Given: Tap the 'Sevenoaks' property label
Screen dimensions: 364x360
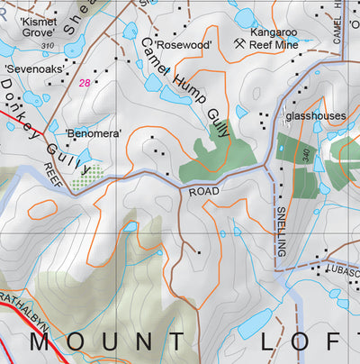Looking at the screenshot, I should (34, 68).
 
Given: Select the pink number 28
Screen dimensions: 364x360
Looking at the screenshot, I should (85, 82).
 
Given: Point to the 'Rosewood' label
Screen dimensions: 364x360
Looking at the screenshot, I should (183, 44).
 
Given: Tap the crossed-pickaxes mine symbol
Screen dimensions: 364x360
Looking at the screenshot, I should (239, 42).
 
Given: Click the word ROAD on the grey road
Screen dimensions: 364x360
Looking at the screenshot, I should (204, 192).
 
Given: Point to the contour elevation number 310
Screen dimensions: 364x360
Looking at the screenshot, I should (47, 45).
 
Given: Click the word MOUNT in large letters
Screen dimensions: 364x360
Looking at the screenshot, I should (109, 342).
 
